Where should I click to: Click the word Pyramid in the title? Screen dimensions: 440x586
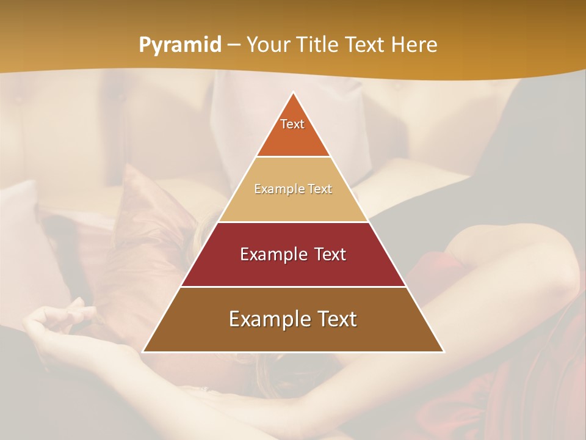[x=179, y=45]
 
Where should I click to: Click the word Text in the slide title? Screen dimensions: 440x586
[x=365, y=45]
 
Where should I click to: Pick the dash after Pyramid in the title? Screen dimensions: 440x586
[x=233, y=45]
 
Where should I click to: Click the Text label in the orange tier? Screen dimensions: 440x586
[x=292, y=124]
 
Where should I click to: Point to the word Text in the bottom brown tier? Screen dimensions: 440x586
[x=336, y=319]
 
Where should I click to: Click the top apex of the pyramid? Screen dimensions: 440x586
[x=293, y=93]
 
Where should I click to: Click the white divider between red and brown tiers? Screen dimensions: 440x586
[x=293, y=287]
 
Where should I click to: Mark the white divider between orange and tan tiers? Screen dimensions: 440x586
[x=293, y=156]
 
